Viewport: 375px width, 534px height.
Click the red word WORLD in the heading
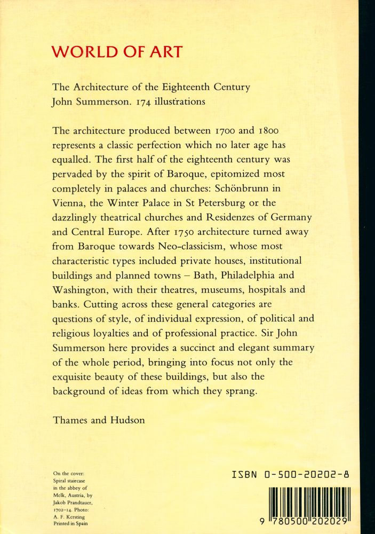tap(83, 52)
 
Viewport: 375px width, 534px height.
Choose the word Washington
tap(81, 290)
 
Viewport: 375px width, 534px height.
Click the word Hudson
tap(126, 420)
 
